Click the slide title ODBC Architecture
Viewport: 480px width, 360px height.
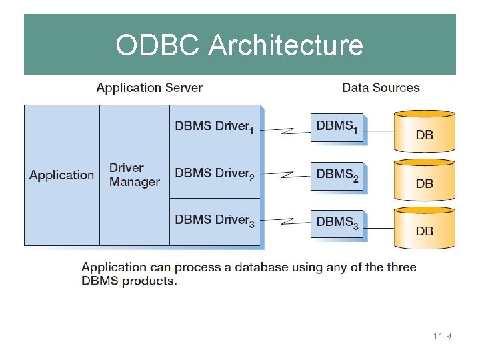tap(239, 45)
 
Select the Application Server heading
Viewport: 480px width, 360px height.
tap(149, 87)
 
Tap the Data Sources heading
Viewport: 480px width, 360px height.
tap(381, 87)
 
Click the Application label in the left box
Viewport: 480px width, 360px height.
tap(62, 175)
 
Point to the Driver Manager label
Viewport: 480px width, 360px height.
tap(134, 175)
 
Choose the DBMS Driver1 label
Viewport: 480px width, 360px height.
tap(214, 127)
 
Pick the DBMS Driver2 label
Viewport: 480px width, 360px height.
tap(214, 174)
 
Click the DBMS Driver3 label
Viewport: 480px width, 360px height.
tap(214, 221)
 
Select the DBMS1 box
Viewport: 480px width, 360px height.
tap(337, 127)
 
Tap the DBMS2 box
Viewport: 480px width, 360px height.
tap(337, 175)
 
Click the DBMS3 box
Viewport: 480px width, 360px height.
tap(337, 223)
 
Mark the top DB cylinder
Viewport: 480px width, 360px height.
tap(425, 131)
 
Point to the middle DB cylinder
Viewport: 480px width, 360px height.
tap(425, 179)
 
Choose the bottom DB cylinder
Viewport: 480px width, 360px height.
tap(425, 228)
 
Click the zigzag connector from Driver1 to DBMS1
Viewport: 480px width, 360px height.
tap(285, 129)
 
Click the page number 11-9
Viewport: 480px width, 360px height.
tap(441, 337)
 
